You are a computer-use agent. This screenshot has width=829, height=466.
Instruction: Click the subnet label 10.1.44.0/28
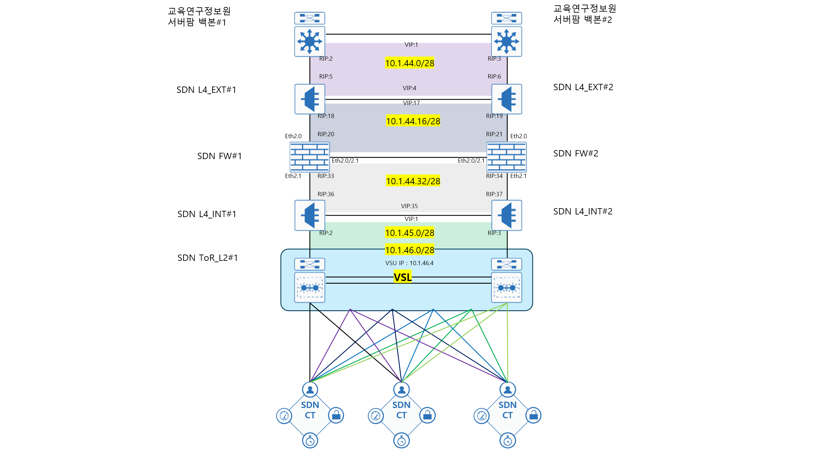pos(410,63)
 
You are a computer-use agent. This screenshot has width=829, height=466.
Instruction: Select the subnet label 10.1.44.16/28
pos(413,121)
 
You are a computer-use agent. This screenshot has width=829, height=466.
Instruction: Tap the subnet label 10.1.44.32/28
pos(413,181)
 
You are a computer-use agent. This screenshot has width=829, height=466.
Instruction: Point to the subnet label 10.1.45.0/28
pos(410,233)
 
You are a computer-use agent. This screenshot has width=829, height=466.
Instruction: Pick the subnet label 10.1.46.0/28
pos(410,250)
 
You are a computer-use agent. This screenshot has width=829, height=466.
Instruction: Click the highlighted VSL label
pos(403,277)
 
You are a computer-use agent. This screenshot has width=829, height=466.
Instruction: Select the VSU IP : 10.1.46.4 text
pos(409,263)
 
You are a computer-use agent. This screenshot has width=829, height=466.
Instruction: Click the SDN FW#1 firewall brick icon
pos(309,157)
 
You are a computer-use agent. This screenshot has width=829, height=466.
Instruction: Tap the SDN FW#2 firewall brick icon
pos(506,157)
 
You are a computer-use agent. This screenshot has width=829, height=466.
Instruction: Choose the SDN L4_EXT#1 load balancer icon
pos(310,99)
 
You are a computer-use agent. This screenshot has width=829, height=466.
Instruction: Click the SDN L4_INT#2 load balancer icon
pos(506,215)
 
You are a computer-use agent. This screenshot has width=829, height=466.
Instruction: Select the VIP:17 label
pos(411,103)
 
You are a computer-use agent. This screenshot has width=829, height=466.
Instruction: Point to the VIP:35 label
pos(409,206)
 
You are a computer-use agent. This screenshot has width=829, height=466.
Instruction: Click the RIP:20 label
pos(326,134)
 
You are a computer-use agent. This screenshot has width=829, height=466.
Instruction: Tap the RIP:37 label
pos(494,194)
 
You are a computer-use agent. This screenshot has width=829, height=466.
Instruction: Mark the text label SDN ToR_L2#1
pos(208,258)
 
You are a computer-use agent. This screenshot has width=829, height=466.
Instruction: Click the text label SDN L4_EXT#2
pos(583,87)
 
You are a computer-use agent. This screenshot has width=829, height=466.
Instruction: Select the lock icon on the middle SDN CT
pos(427,415)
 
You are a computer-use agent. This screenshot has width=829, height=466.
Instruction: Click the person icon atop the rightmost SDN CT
pos(507,390)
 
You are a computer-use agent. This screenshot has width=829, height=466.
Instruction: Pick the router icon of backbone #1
pos(310,41)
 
